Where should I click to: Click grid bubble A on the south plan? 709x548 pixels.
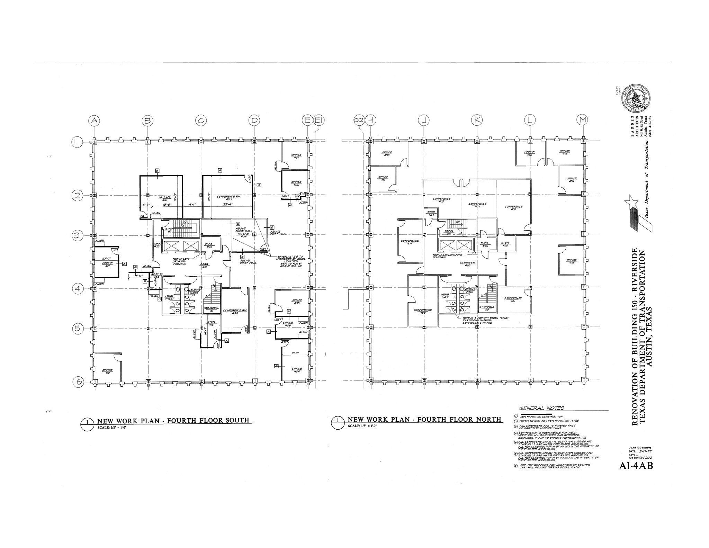point(94,120)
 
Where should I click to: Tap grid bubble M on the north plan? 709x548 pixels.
point(583,120)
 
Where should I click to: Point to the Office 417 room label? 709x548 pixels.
point(107,265)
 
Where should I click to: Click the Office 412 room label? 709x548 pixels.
point(107,371)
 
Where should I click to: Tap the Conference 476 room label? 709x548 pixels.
point(513,208)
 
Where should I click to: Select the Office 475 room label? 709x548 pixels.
point(572,261)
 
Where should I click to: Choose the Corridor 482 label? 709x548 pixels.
point(467,264)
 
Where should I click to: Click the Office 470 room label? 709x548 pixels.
point(386,154)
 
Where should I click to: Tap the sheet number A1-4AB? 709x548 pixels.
point(636,466)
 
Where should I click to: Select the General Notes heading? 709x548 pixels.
point(541,408)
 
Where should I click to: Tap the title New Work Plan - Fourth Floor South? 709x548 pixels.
point(173,421)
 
